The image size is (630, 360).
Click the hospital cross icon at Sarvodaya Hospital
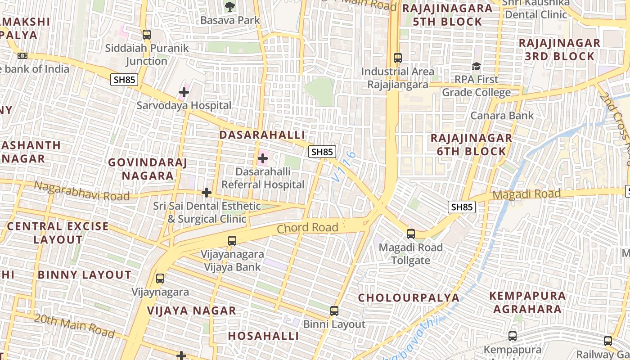(184, 93)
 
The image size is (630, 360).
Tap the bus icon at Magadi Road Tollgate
(411, 234)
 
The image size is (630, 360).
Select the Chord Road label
(307, 228)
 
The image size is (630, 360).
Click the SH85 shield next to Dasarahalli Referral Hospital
(322, 152)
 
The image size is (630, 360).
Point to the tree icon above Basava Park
(230, 6)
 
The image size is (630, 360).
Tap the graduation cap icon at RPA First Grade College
(476, 67)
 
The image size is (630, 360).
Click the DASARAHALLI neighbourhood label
(262, 135)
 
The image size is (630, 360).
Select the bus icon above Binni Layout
(334, 311)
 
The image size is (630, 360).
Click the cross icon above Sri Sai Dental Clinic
(207, 193)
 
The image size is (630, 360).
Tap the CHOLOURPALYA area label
(409, 298)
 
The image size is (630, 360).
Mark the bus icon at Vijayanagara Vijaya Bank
(232, 241)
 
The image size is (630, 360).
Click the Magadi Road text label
(527, 195)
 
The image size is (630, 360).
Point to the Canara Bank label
(502, 116)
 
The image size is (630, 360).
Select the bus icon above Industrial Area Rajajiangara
(398, 58)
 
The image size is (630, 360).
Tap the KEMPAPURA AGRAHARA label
(527, 302)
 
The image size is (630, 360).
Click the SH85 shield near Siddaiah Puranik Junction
(124, 80)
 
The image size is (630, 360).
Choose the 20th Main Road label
(74, 325)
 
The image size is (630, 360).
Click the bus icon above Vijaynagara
(160, 279)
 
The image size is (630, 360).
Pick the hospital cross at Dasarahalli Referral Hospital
(263, 158)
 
